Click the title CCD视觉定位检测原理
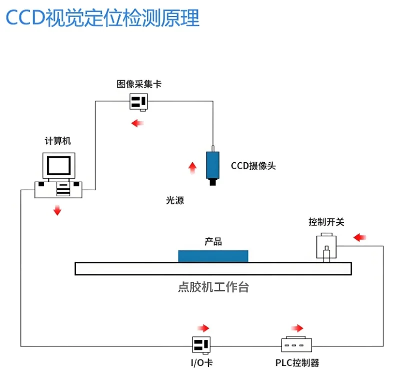[x=102, y=18]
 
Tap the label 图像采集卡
[x=139, y=84]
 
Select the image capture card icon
[x=139, y=102]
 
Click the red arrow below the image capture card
[x=137, y=123]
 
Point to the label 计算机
[x=57, y=141]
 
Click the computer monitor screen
[x=59, y=165]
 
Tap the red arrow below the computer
[x=57, y=210]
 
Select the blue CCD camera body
[x=213, y=165]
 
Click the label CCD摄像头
[x=253, y=166]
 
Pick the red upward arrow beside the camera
[x=192, y=168]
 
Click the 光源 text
[x=175, y=200]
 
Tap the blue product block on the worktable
[x=213, y=256]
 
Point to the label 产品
[x=213, y=241]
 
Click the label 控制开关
[x=326, y=222]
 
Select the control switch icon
[x=326, y=247]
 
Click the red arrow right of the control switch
[x=359, y=237]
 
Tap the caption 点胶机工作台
[x=213, y=287]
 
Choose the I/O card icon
[x=201, y=345]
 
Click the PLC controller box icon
[x=296, y=344]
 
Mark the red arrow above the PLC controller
[x=297, y=328]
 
